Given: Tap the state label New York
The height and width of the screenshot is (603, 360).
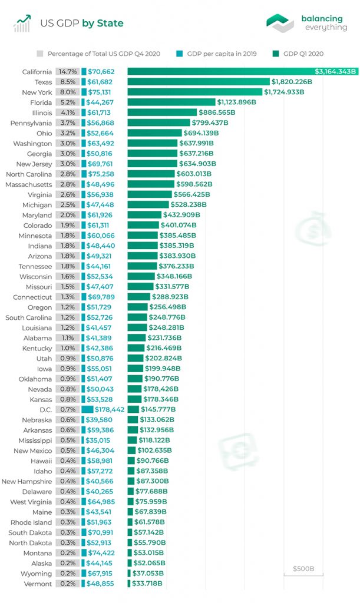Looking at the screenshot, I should coord(37,92).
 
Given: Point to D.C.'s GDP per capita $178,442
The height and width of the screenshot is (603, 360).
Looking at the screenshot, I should coord(110,409).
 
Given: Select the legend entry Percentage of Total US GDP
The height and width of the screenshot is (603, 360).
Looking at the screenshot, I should coord(104,54).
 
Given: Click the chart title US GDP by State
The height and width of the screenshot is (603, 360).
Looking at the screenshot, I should coord(81,24).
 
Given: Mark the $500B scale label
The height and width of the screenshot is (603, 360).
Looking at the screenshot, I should coord(303,569).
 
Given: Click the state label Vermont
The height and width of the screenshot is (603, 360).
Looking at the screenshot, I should coord(38,584).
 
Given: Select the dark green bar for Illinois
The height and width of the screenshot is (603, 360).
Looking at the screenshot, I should coord(161,112).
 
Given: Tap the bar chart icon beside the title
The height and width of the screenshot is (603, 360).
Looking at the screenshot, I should coord(22,24).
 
